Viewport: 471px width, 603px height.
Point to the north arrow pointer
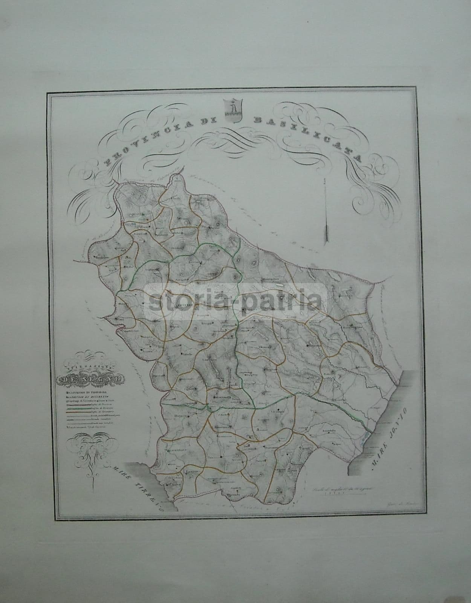(x=325, y=211)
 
